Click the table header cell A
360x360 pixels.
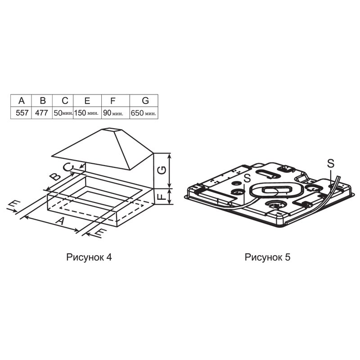click(x=21, y=100)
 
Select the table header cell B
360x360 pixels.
click(x=42, y=100)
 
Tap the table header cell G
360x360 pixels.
click(x=144, y=100)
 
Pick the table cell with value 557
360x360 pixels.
click(x=21, y=113)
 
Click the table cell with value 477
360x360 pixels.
click(x=42, y=113)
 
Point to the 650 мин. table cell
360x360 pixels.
click(x=144, y=113)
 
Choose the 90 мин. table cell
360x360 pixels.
click(x=116, y=113)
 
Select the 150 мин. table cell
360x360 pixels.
click(x=87, y=113)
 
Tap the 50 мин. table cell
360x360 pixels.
click(x=63, y=113)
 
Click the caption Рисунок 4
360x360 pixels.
click(x=89, y=257)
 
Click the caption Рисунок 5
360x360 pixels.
click(x=267, y=257)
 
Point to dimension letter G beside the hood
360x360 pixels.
click(x=162, y=170)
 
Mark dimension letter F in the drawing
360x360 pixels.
click(x=162, y=197)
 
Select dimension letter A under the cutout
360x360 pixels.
click(x=60, y=221)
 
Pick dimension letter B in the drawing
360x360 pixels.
click(x=55, y=177)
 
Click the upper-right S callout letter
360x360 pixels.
click(x=331, y=163)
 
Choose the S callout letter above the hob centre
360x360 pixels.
click(x=247, y=178)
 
